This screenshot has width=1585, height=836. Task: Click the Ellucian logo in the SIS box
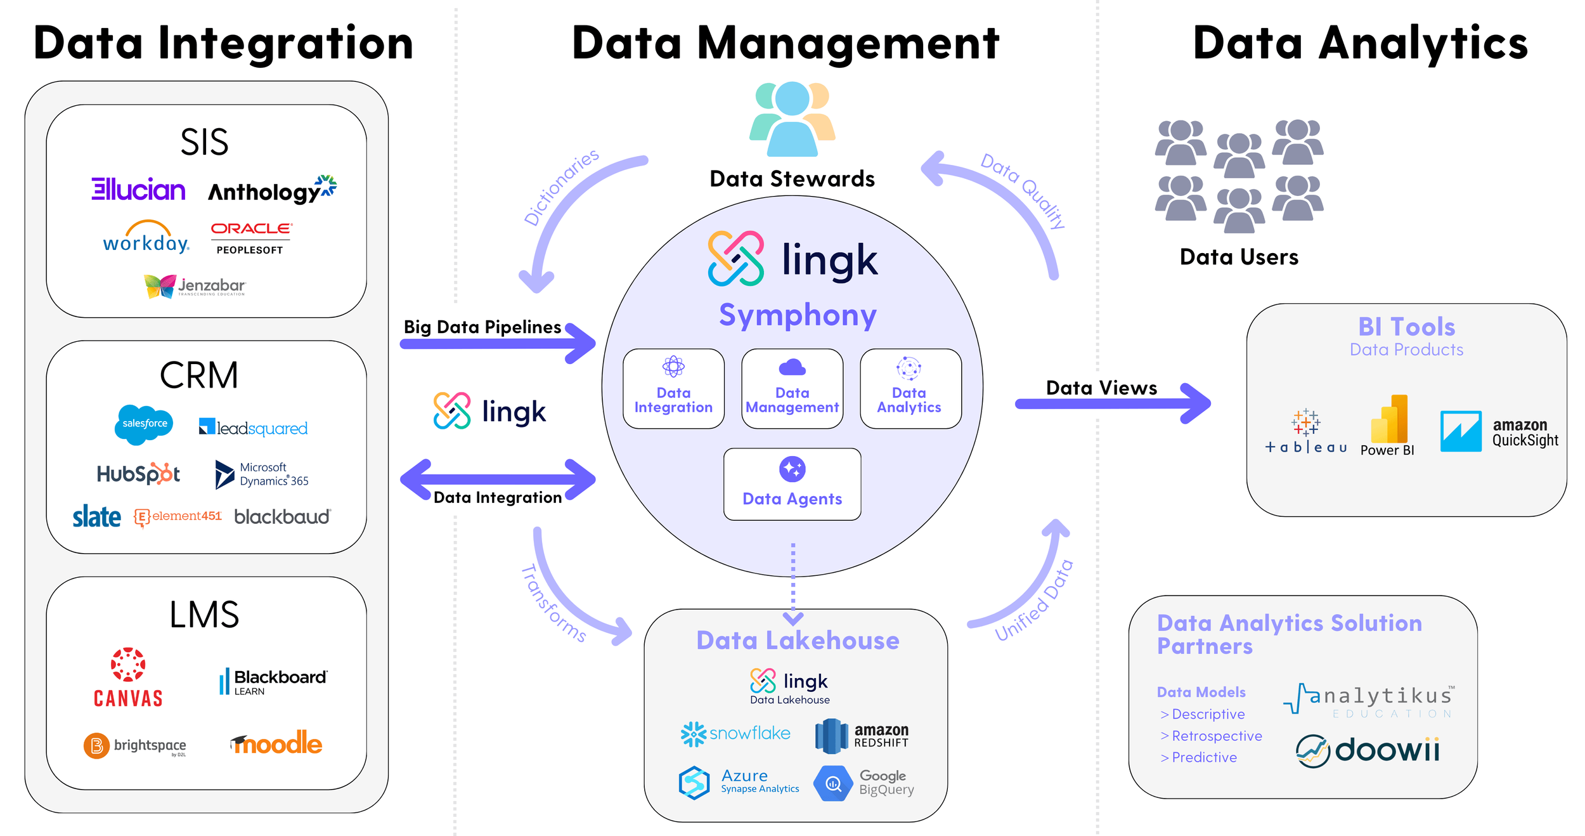coord(138,189)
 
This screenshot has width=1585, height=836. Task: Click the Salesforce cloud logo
coord(144,424)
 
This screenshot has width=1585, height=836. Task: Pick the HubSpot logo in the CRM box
coord(138,474)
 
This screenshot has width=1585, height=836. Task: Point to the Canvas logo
coord(128,678)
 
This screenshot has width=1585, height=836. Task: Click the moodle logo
coord(276,743)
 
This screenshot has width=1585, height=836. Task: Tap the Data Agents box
coord(792,485)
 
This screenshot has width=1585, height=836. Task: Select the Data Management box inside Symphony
coord(792,389)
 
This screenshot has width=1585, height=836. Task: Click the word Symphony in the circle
coord(798,315)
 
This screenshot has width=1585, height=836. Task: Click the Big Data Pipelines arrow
coord(498,343)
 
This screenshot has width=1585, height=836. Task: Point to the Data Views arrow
coord(1113,403)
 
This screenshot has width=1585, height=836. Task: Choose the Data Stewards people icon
coord(792,119)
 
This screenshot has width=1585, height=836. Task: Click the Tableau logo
coord(1305,432)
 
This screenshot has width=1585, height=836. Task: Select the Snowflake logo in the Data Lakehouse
coord(735,734)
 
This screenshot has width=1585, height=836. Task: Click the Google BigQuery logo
coord(865,783)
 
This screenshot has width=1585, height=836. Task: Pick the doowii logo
coord(1368,751)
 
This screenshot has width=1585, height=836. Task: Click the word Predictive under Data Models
coord(1203,757)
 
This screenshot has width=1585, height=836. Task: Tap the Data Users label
coord(1238,257)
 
